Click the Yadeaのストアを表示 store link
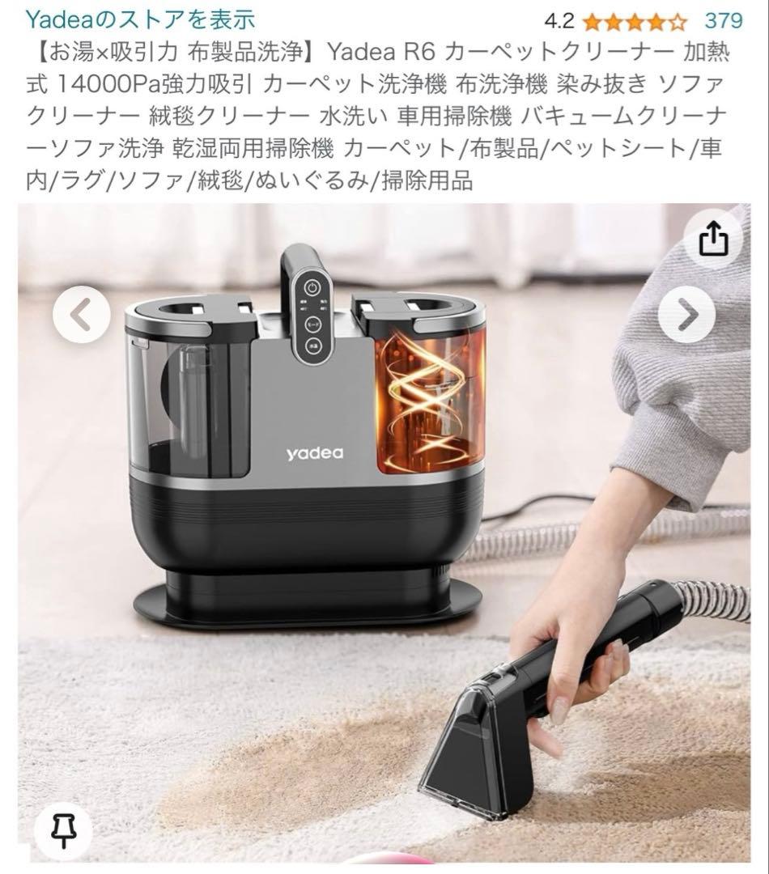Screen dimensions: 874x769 click(x=141, y=19)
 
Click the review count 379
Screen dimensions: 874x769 click(x=723, y=19)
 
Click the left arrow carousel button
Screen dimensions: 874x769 click(x=81, y=316)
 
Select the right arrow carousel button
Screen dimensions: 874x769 click(x=686, y=316)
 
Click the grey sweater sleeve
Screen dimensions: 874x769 click(x=688, y=364)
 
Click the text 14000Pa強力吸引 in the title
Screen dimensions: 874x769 click(x=152, y=85)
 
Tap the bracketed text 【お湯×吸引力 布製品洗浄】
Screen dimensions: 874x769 click(x=175, y=53)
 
